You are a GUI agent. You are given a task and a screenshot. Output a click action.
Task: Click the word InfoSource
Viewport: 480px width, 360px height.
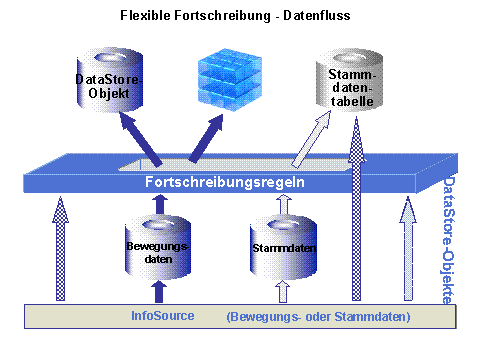tap(164, 316)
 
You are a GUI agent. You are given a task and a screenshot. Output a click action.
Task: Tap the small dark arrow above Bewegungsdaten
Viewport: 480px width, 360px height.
tap(156, 203)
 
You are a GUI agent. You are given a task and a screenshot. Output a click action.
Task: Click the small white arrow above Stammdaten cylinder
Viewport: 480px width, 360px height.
tap(282, 203)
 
